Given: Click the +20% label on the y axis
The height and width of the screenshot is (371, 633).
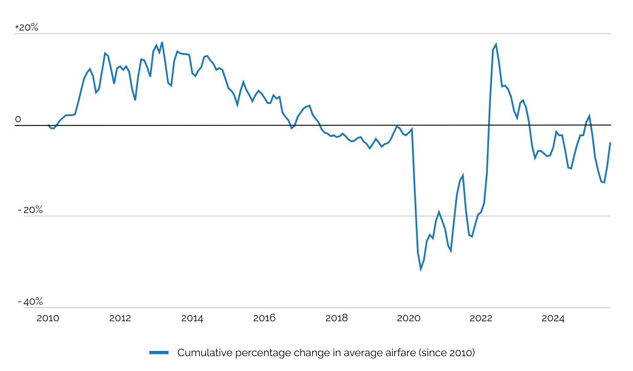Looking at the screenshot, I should (x=27, y=27).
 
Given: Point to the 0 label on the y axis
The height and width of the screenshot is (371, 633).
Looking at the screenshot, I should (x=18, y=119).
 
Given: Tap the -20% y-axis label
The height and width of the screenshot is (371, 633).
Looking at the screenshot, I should (x=30, y=210).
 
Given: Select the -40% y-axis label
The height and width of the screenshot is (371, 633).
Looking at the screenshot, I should (x=30, y=302).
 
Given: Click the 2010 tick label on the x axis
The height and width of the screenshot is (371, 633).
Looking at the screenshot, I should (x=48, y=318).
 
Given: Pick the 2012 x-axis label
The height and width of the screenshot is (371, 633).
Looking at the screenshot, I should (x=120, y=318).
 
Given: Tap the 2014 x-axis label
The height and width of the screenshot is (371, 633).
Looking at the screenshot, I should (x=192, y=318).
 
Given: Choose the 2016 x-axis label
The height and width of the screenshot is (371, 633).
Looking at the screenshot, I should (x=264, y=318).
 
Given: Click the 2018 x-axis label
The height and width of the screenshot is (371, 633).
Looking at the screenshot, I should (x=337, y=318).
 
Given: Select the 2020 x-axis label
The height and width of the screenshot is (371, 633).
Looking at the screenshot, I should (x=409, y=318).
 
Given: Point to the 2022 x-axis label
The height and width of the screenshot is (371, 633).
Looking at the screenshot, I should (x=481, y=318).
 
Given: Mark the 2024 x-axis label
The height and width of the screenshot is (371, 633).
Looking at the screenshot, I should (x=553, y=318).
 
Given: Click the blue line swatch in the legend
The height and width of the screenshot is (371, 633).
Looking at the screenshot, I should (x=159, y=353).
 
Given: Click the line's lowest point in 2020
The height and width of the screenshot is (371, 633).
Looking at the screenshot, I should (x=421, y=269).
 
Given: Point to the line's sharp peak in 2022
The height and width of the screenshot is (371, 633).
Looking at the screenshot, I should (x=496, y=45).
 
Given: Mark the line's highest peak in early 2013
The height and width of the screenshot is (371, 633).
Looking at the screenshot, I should (x=162, y=42).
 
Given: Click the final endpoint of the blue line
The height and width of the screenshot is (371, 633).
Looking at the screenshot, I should (x=610, y=143).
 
